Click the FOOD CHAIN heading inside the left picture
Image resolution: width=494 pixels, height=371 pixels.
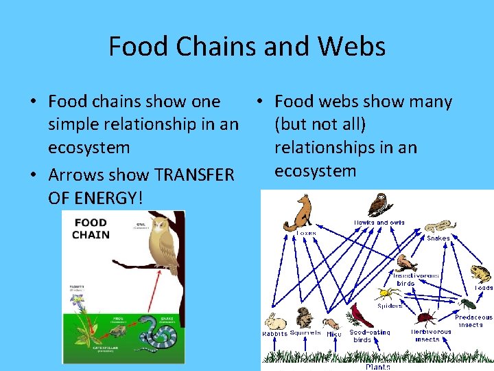click(x=91, y=228)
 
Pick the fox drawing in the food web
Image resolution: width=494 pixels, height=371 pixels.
click(x=300, y=212)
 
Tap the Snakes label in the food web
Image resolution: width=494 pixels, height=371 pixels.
click(x=438, y=238)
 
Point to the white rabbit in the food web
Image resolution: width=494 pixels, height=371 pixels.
click(x=276, y=321)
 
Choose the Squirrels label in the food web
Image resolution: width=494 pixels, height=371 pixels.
click(x=305, y=333)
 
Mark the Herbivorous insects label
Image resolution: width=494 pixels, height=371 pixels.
click(x=431, y=335)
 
